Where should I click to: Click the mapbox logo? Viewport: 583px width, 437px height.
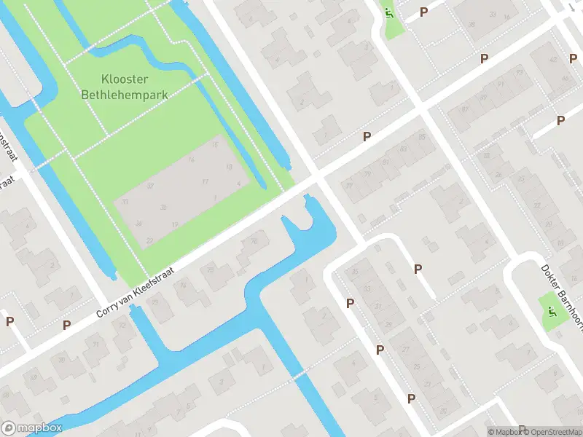click(32, 428)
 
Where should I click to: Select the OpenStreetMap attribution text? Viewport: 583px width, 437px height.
click(547, 432)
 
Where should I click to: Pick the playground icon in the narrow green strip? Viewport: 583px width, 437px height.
click(390, 14)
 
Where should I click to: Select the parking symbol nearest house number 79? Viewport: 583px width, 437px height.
click(367, 136)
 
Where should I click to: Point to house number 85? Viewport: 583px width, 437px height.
click(420, 137)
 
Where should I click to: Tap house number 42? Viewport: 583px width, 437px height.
click(553, 60)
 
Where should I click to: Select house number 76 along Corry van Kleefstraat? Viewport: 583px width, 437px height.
click(254, 241)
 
